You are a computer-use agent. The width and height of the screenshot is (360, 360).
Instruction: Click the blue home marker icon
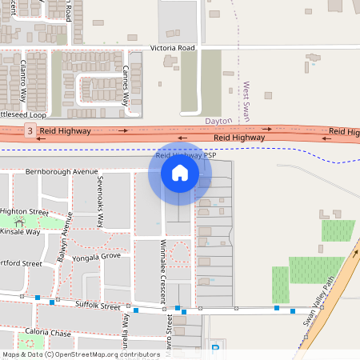[x=180, y=174]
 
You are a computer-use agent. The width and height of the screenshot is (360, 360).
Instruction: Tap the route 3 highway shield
[x=30, y=130]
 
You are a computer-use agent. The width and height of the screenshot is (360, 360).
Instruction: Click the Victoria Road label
[x=173, y=48]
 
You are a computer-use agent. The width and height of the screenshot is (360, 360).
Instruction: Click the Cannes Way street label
[x=126, y=88]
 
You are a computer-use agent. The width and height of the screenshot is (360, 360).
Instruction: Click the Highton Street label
[x=24, y=211]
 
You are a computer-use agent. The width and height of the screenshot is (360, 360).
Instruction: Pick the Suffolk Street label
[x=97, y=306]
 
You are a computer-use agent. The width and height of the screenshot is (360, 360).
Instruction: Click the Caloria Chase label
[x=48, y=332]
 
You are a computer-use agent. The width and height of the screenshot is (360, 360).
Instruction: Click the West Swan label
[x=247, y=102]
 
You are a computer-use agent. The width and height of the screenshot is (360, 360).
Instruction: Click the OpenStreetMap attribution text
[x=80, y=354]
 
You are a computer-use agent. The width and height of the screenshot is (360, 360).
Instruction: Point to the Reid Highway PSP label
[x=186, y=156]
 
